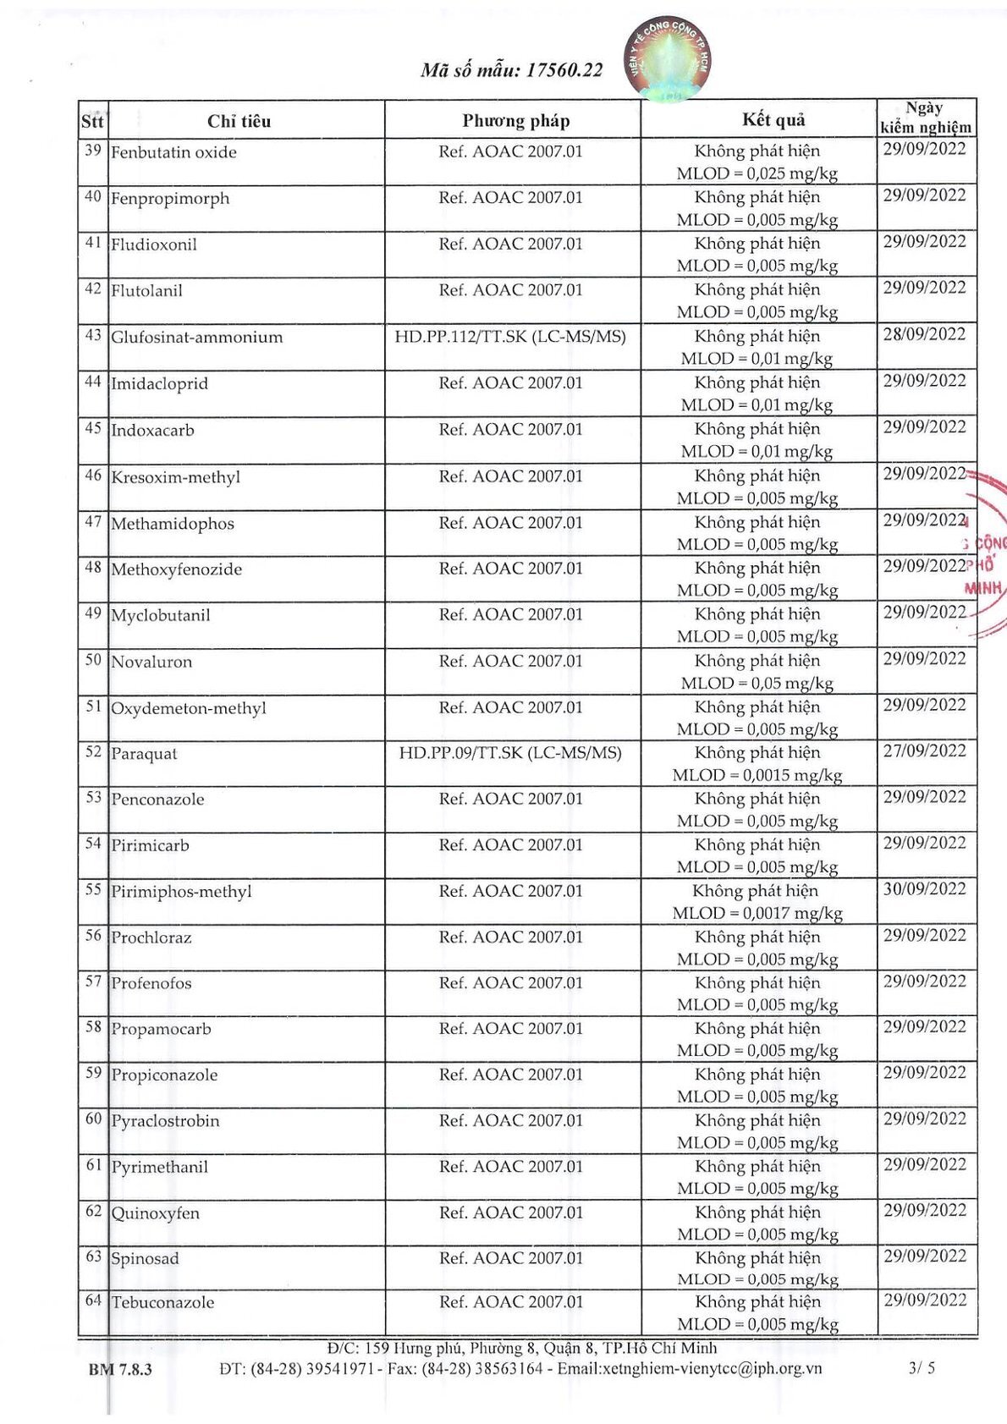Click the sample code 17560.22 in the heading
click(564, 70)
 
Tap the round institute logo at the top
click(668, 59)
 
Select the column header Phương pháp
click(515, 121)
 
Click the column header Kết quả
click(773, 120)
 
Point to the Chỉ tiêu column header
click(239, 121)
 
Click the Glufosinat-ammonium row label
click(197, 338)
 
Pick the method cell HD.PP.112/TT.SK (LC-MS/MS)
click(510, 337)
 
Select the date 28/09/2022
click(924, 334)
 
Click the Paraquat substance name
click(145, 754)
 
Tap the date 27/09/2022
click(924, 750)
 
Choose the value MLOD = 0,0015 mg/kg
click(757, 775)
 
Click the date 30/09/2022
click(924, 889)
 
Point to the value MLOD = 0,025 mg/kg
click(757, 174)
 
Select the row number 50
click(93, 660)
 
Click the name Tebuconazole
click(163, 1303)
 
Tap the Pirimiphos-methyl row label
click(182, 892)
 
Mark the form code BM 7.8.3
click(120, 1369)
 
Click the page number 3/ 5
click(922, 1367)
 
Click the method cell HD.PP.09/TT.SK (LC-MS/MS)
click(510, 753)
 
